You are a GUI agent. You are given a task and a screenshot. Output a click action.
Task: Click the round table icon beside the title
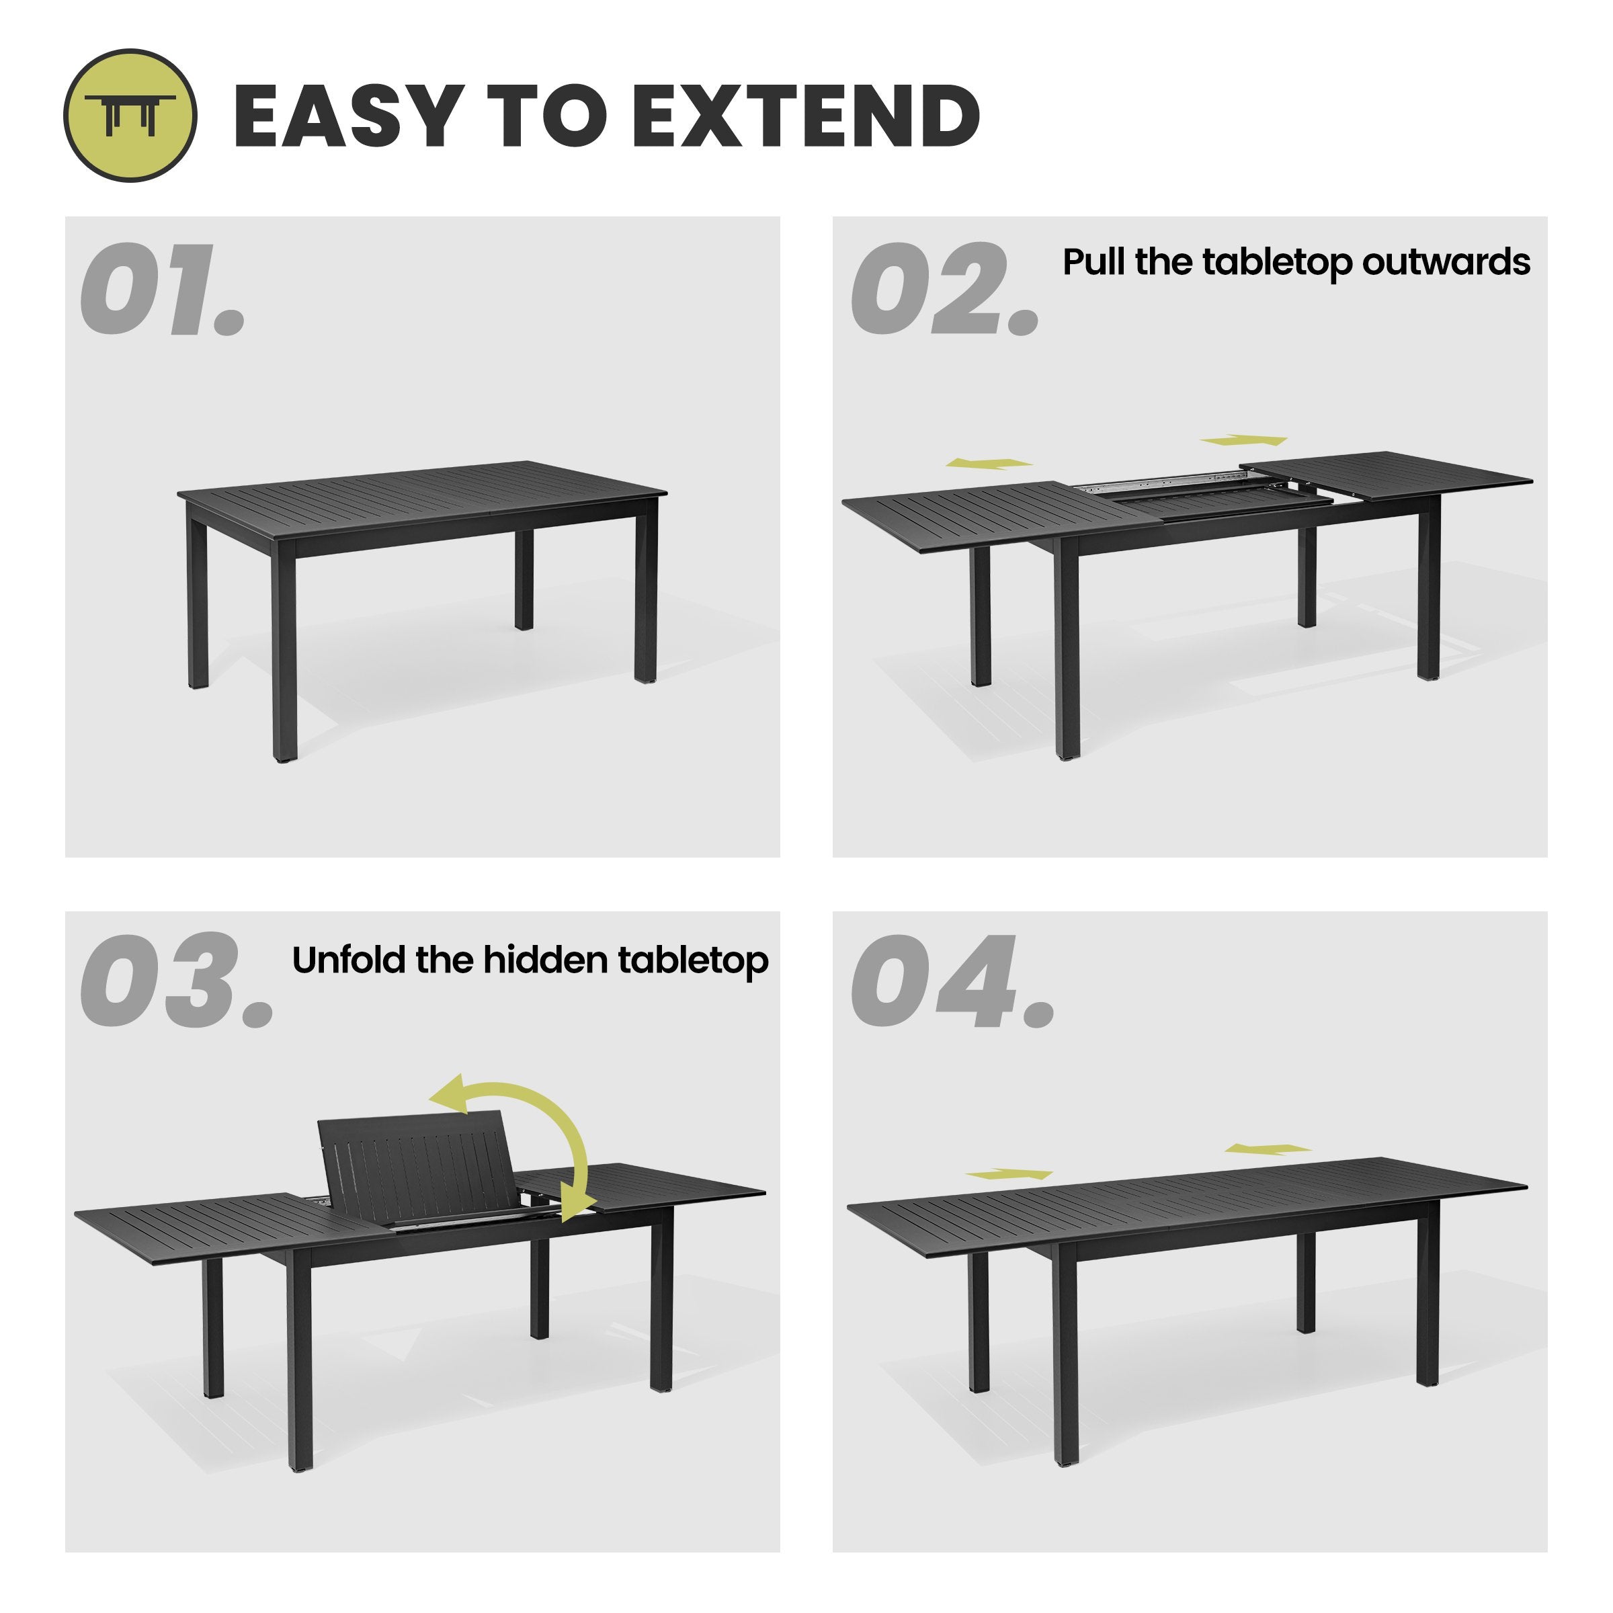(130, 115)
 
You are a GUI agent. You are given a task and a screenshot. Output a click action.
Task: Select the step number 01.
(163, 290)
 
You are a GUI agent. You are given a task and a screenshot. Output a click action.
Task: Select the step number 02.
(946, 290)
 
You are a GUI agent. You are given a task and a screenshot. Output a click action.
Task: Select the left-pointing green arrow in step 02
(989, 463)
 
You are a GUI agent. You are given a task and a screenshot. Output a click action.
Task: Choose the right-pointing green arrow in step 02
(1244, 440)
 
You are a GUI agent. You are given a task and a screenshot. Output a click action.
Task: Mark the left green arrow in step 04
(1009, 1174)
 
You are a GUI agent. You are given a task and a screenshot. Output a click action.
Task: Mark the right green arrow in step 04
(1268, 1149)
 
